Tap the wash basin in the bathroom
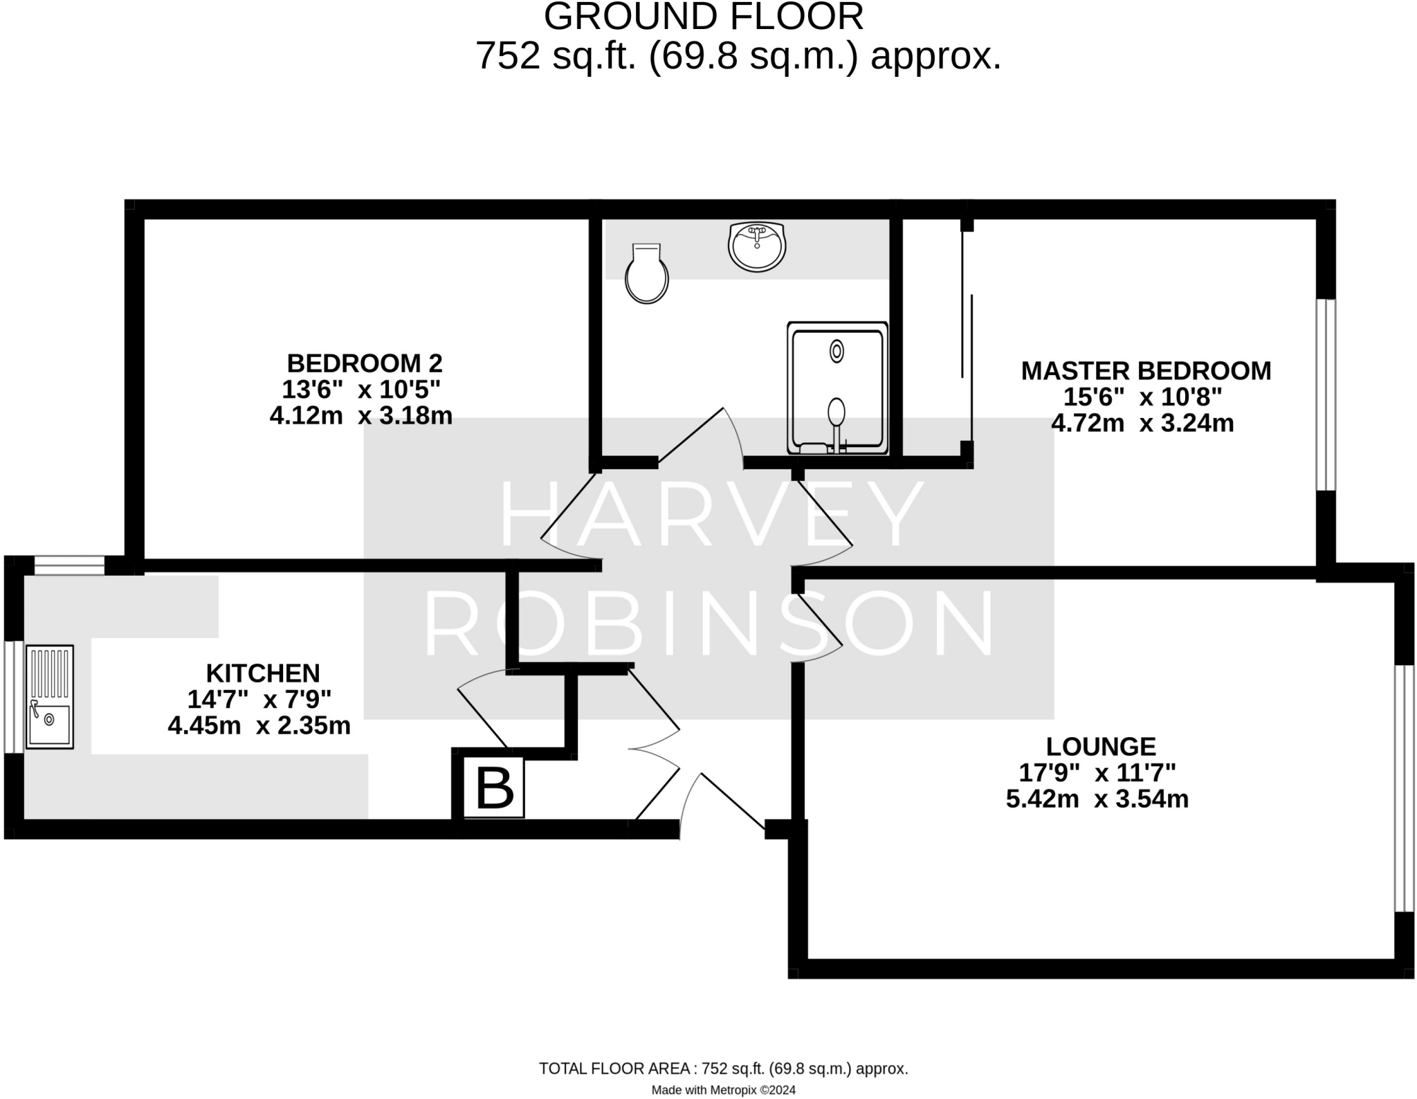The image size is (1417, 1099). pos(757,246)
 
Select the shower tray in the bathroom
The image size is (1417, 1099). pos(837,388)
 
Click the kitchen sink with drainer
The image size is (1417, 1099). pos(49,696)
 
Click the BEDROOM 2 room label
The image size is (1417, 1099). pos(365,363)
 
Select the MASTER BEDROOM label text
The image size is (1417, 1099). pos(1146,371)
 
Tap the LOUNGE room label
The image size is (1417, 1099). pos(1101,746)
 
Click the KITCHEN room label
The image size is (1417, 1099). pos(263,673)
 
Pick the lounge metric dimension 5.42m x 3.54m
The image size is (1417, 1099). pos(1097,799)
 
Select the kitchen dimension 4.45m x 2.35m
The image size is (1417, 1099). pos(259,725)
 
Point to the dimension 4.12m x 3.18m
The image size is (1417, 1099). pos(361,415)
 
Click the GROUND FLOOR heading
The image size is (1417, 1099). pos(704,17)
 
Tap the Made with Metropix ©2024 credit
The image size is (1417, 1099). pos(723,1090)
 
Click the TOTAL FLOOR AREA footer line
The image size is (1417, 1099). pos(723,1069)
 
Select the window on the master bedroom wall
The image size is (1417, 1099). pos(1326,394)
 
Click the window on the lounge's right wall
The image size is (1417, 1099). pos(1404,788)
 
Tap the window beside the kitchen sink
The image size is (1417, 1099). pos(14,696)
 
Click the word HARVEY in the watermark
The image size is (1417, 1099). pos(711,514)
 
